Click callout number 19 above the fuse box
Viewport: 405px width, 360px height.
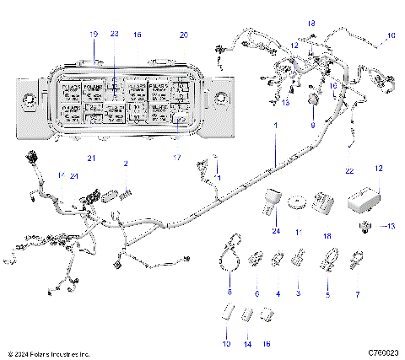94,34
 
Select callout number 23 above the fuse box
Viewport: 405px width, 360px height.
115,34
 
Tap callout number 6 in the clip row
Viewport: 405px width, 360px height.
256,293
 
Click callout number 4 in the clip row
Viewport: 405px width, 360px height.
278,293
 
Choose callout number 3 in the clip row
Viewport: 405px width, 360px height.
298,293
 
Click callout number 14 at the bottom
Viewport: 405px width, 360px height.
246,344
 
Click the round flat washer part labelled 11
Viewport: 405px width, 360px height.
297,202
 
